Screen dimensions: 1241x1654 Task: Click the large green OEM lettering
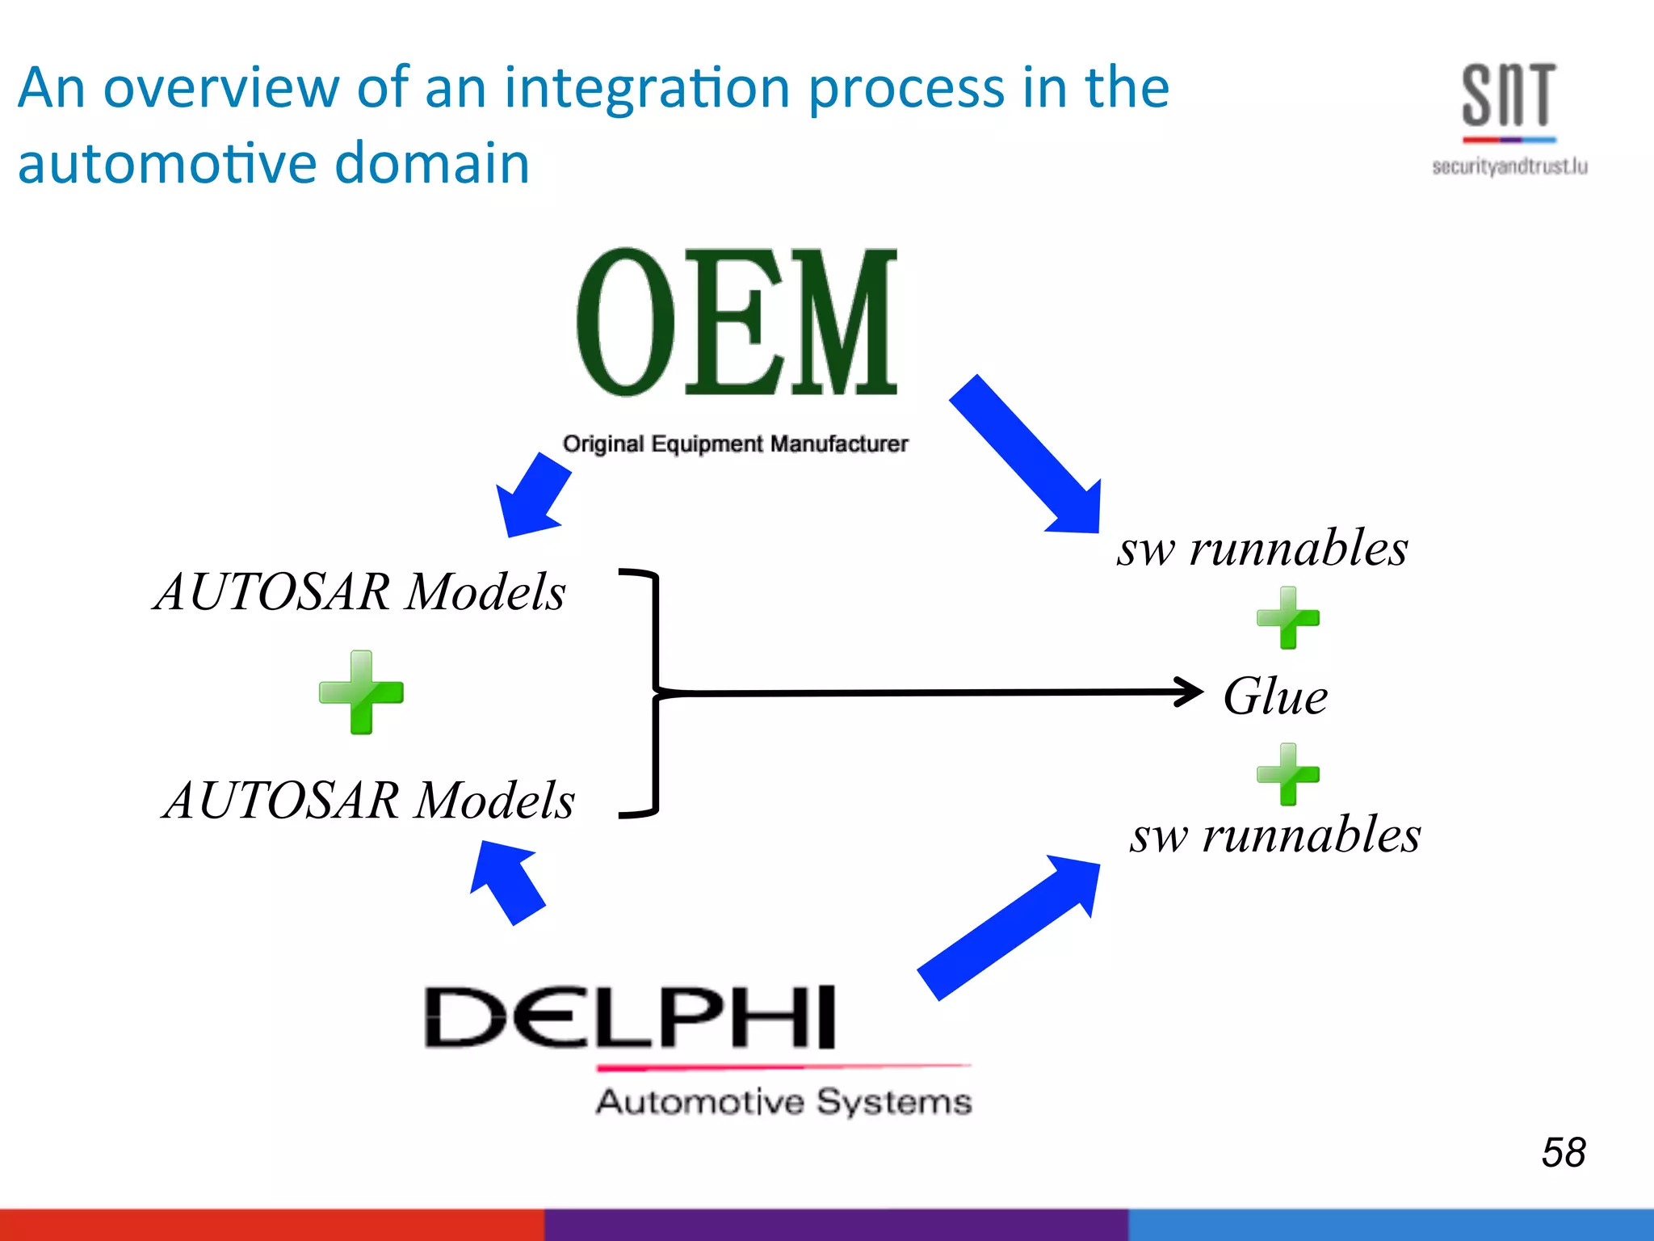(x=736, y=323)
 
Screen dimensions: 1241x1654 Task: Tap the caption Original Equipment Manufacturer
(x=735, y=444)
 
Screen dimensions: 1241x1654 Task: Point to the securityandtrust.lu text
(x=1509, y=167)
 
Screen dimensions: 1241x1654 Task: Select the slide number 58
(x=1563, y=1152)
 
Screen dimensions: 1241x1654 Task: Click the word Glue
(x=1274, y=696)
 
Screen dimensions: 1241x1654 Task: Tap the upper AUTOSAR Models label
(x=360, y=591)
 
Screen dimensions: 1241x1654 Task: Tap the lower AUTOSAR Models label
(x=369, y=800)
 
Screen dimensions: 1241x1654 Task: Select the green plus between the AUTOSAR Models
(x=361, y=692)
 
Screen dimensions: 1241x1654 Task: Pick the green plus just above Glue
(x=1287, y=619)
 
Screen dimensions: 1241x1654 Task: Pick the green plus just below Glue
(x=1287, y=774)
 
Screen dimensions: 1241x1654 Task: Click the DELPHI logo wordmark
(x=630, y=1018)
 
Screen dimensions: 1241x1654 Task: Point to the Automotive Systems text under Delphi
(x=783, y=1102)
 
